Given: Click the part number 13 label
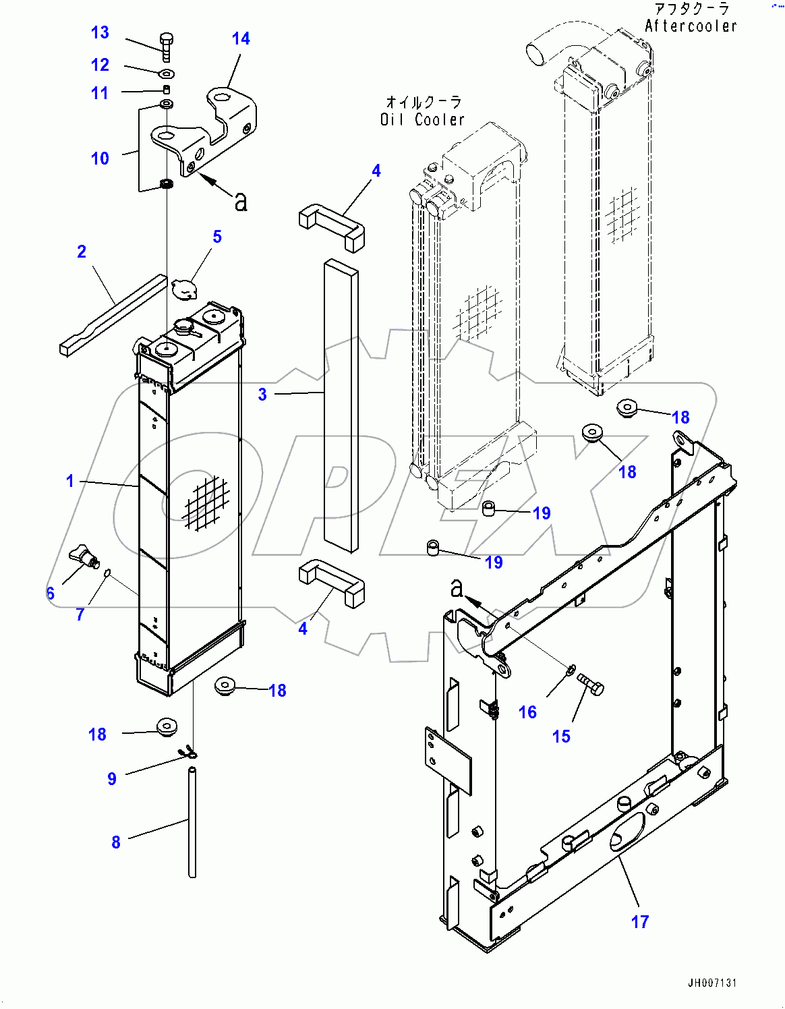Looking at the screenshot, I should [100, 32].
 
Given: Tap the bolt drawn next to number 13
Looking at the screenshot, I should [167, 46].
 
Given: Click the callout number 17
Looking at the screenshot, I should [639, 921].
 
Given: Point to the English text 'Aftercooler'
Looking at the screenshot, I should [691, 26].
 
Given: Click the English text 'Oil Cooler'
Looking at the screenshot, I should [422, 119].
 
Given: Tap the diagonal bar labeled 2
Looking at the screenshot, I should [113, 316].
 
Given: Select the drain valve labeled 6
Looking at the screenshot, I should [84, 554].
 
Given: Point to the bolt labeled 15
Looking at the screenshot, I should [591, 685].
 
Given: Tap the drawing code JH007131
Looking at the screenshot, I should [712, 983].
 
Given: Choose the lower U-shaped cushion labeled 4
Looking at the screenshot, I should [332, 581].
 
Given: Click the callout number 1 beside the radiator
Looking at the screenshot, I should [69, 481].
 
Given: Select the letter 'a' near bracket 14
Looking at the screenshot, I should [241, 201].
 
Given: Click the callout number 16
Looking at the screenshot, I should [527, 712].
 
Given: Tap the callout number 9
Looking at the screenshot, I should [112, 778].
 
